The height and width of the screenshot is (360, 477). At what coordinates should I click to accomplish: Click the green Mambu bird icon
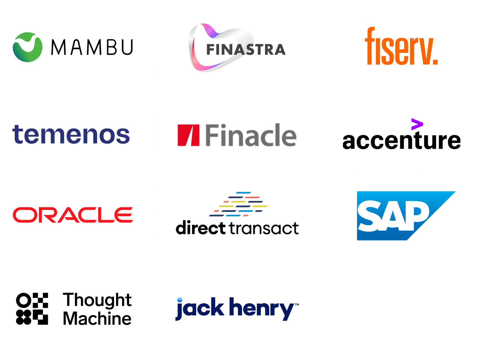coord(28,47)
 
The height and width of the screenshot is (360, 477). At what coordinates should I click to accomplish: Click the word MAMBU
coord(92,47)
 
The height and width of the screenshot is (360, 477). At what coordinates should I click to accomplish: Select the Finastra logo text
coord(246,50)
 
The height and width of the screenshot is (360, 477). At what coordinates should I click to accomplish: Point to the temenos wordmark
coord(71,135)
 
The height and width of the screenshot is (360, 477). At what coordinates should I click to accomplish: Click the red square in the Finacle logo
coord(188,135)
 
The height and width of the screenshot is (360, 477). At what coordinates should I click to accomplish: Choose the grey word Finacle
coord(251,135)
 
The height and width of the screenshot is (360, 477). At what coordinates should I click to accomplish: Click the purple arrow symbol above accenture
coord(417,124)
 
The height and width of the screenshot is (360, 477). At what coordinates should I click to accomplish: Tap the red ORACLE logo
coord(73,215)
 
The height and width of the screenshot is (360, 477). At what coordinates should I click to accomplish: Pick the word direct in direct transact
coord(200,228)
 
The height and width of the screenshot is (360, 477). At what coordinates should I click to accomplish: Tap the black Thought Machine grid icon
coord(32,309)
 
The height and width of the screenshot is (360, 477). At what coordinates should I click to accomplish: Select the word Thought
coord(97,300)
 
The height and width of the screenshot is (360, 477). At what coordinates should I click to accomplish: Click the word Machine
coord(97,319)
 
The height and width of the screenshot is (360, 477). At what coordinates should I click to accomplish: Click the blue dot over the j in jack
coord(180,299)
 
